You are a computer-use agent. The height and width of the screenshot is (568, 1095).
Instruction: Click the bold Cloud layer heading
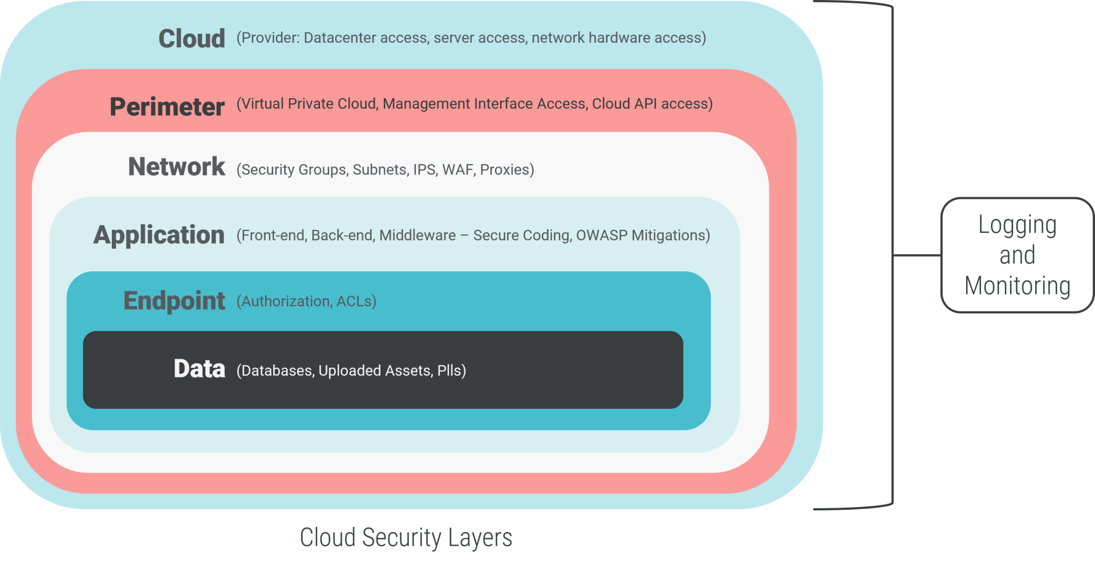point(192,39)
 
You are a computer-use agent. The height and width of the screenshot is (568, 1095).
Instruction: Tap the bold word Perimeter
point(167,107)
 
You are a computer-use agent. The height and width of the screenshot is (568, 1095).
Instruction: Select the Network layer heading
point(177,167)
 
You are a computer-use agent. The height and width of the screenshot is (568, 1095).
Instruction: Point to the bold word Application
point(159,235)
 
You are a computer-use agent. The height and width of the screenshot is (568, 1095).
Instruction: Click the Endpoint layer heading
point(174,301)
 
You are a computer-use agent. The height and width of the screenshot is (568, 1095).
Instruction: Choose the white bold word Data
point(199,369)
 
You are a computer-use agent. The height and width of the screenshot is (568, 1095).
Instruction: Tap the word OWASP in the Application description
point(601,235)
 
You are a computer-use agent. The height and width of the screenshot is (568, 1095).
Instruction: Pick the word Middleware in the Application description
point(417,235)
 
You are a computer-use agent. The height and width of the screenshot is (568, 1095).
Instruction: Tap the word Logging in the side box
point(1017,226)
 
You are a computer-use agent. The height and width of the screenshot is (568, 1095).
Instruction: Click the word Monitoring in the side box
point(1017,286)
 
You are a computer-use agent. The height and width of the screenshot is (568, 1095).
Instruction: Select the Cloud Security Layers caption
point(405,538)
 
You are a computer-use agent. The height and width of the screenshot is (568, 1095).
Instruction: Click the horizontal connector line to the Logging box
point(916,255)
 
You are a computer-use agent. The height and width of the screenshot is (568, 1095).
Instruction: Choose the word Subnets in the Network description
point(379,169)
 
